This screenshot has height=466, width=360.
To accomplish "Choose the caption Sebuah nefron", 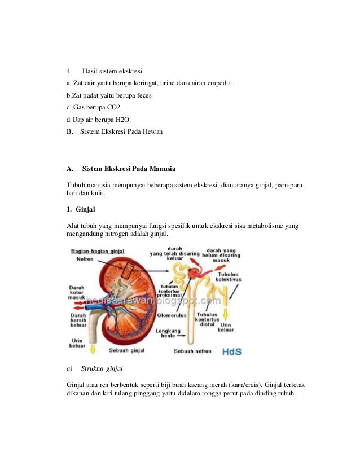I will [x=192, y=351].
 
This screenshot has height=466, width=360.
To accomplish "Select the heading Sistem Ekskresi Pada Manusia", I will [x=129, y=169].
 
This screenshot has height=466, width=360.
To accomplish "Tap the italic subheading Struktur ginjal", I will [x=102, y=370].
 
